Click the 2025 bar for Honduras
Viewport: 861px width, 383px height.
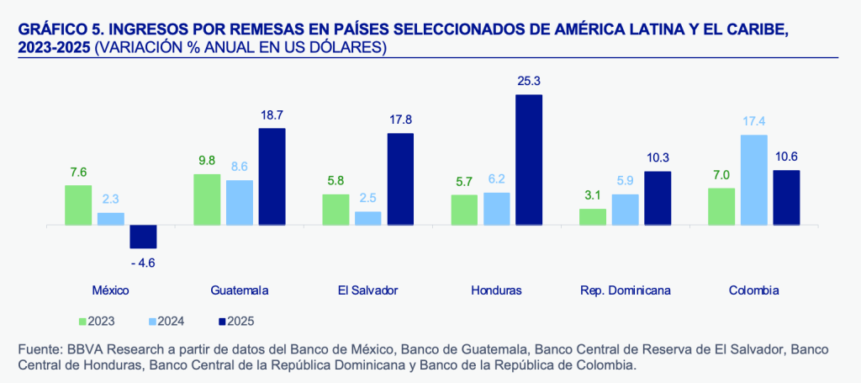pos(529,160)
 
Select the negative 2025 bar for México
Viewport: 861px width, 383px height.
pos(143,237)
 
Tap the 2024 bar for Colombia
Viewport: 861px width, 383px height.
pos(754,180)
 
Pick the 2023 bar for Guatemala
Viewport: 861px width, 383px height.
pos(207,199)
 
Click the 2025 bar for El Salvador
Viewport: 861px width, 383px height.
pos(400,179)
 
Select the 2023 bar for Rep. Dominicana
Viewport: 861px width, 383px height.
pos(593,217)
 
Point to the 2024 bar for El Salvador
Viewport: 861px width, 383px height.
pos(368,218)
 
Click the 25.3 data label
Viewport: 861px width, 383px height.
pos(529,82)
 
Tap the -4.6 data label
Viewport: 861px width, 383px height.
pos(143,263)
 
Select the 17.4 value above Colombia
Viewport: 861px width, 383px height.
pos(754,121)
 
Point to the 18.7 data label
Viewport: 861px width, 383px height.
pos(272,114)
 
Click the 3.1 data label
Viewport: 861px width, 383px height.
pos(593,195)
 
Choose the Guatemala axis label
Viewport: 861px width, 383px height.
pos(240,290)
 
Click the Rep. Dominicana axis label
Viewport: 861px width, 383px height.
pos(626,290)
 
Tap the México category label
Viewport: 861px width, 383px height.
pos(110,290)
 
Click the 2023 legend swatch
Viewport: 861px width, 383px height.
pos(82,321)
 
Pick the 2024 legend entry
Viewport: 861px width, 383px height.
pos(166,321)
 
